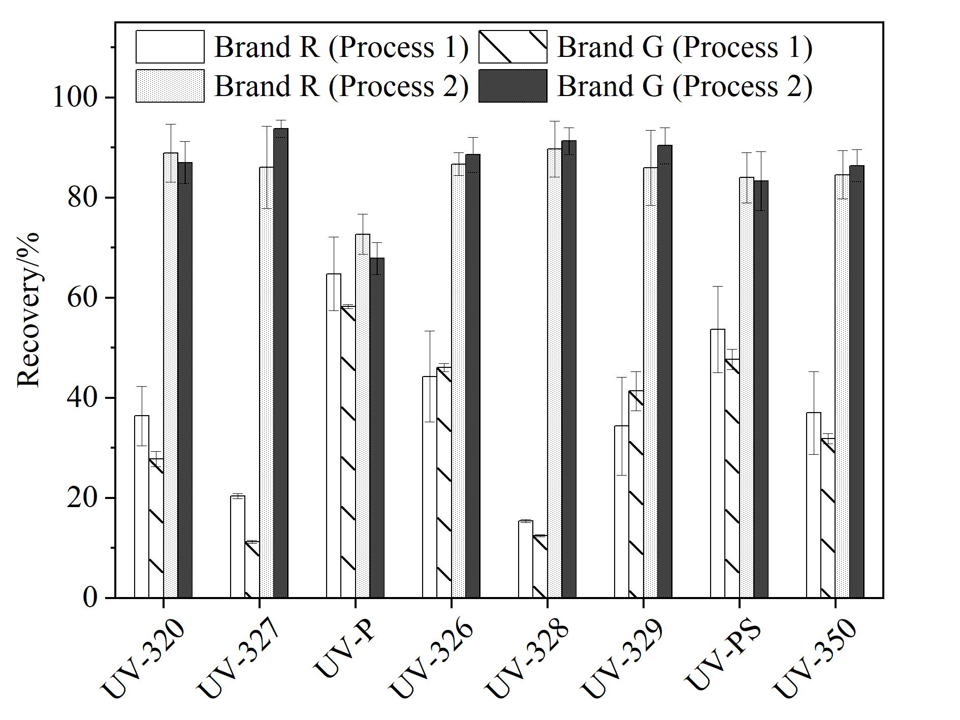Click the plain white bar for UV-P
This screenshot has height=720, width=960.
coord(334,435)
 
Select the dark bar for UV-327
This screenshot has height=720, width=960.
coord(281,363)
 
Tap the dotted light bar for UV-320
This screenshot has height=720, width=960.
coord(171,375)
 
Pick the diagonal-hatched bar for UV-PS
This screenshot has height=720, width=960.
coord(732,478)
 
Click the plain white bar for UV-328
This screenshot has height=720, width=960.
coord(526,559)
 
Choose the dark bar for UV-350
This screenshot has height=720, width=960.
coord(857,382)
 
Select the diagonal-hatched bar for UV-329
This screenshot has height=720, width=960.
coord(636,494)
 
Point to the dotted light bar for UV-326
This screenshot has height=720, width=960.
coord(459,381)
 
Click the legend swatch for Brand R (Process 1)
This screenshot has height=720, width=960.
coord(170,47)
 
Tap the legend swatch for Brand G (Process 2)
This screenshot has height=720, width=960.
coord(513,86)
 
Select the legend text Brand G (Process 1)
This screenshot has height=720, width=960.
coord(685,47)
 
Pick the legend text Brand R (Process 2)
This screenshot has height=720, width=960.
coord(341,86)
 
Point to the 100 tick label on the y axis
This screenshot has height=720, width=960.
coord(75,97)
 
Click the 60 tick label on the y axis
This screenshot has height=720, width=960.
coord(82,297)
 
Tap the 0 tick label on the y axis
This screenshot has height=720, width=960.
coord(90,598)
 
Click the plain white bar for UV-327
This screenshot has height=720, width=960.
coord(238,547)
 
